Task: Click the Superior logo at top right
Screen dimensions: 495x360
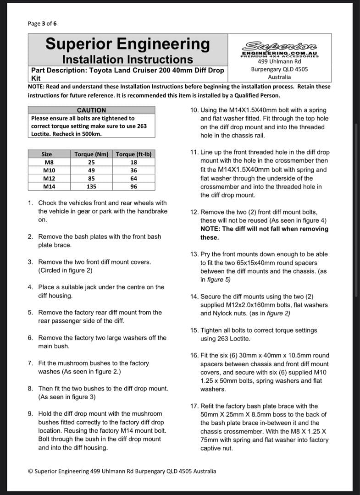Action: pos(279,45)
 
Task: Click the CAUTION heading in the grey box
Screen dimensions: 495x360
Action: pos(91,110)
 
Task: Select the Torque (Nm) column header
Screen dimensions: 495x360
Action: pos(91,154)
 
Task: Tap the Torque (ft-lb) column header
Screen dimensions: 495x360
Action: pos(133,154)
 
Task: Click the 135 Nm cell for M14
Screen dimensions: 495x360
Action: pos(91,187)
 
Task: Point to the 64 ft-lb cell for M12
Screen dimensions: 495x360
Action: pos(133,178)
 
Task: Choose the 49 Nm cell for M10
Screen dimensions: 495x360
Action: pos(91,170)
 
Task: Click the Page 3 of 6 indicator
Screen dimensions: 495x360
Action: pos(42,23)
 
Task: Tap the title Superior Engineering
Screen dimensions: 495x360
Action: pos(127,44)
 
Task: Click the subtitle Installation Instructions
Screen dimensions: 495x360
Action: pos(127,60)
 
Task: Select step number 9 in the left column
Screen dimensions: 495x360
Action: pos(30,413)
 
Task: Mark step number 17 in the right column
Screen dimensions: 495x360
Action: pos(194,406)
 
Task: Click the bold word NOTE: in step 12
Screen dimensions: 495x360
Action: pos(210,229)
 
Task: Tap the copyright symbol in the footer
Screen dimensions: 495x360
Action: pos(30,471)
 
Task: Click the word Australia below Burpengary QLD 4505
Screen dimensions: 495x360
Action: pos(279,77)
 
